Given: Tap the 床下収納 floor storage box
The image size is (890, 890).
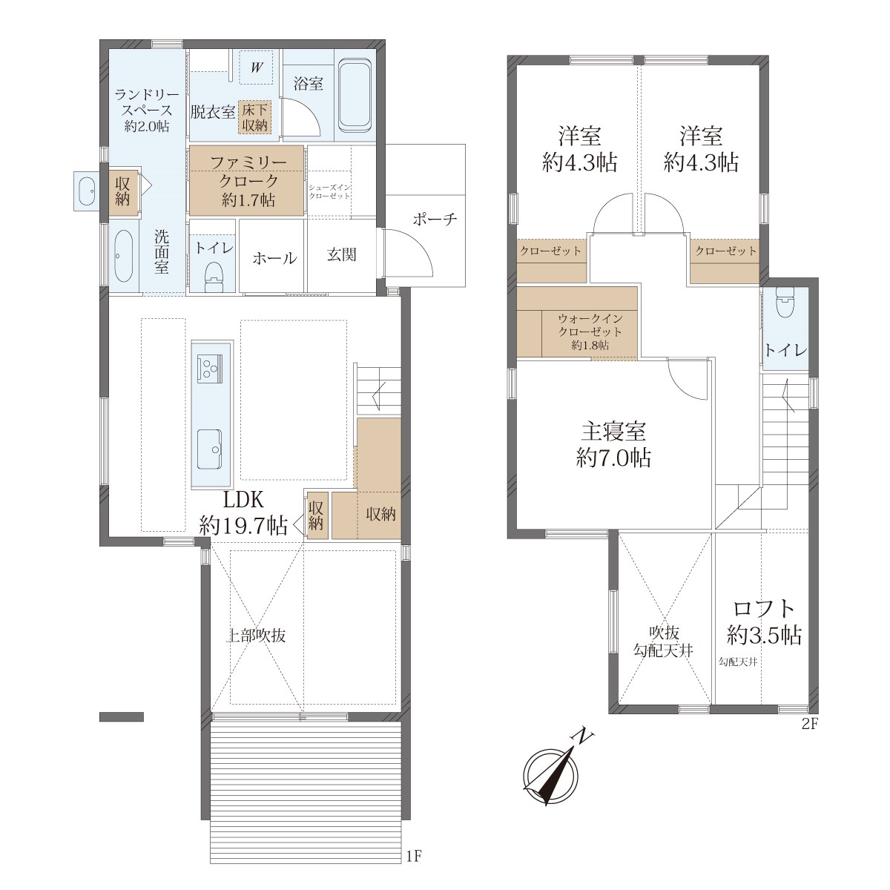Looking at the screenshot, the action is pos(254,117).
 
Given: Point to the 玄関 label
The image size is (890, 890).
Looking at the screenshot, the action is pos(341,254).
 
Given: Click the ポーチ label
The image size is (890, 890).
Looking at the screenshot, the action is pos(435,219).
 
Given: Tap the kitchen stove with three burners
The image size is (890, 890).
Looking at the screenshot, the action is pos(210,369).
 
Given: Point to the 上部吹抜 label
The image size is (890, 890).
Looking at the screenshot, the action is pos(255,636).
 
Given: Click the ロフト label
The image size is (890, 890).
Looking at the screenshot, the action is pos(764,608).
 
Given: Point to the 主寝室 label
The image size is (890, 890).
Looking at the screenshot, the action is pos(613,432).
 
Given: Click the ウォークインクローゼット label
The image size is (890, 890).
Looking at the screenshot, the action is pos(590,325).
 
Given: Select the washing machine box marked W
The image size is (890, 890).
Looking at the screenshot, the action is pos(257,67).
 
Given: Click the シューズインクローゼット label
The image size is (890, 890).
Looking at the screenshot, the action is pos(329,191).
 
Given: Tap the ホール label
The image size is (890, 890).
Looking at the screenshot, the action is pos(274,258).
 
